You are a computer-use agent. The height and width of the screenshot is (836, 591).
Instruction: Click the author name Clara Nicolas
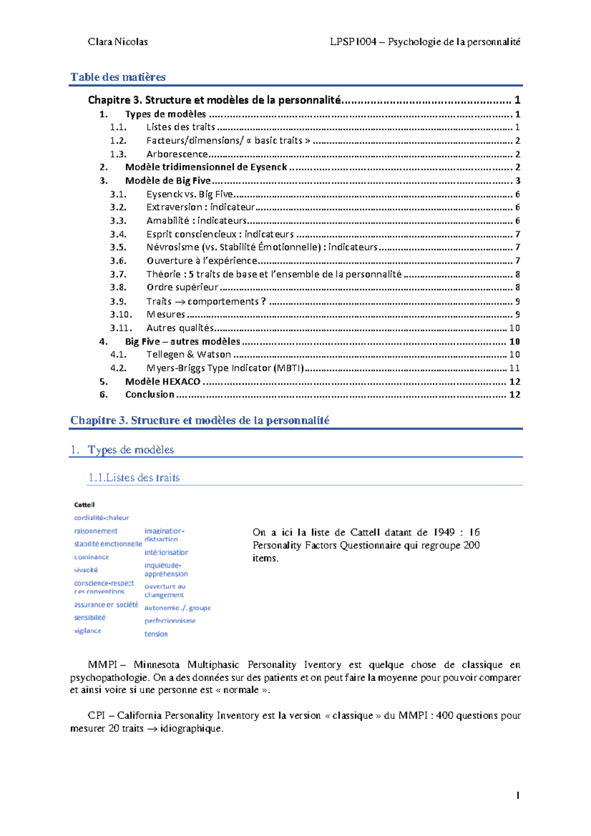click(x=118, y=42)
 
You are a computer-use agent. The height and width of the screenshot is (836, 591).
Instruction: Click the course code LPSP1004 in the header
click(x=353, y=42)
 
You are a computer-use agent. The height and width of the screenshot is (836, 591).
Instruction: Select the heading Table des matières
click(x=118, y=77)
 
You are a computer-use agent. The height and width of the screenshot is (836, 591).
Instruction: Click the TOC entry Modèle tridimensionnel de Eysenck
click(x=206, y=167)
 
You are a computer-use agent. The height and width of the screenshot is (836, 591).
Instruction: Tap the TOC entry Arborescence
click(x=177, y=154)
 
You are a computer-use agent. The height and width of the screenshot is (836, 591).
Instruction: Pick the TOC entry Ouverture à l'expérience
click(x=202, y=260)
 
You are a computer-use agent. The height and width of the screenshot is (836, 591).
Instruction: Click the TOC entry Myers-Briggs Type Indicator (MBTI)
click(x=225, y=368)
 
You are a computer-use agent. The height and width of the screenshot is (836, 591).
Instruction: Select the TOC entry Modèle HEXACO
click(x=163, y=382)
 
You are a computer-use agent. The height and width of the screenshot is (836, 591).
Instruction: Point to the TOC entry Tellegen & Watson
click(x=189, y=354)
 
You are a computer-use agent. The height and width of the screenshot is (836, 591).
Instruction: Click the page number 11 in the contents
click(x=514, y=368)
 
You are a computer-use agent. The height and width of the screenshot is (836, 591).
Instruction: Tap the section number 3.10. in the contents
click(x=121, y=314)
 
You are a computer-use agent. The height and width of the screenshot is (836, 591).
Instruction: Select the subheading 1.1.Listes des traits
click(x=134, y=478)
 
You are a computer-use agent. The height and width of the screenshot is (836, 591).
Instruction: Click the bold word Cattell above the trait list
click(x=84, y=505)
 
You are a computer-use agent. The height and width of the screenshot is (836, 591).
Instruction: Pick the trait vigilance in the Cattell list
click(x=88, y=631)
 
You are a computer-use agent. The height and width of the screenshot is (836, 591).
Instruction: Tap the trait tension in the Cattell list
click(x=156, y=634)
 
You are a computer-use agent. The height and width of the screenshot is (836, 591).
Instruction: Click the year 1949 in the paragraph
click(x=444, y=532)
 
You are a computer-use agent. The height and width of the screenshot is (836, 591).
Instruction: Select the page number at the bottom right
click(x=518, y=795)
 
